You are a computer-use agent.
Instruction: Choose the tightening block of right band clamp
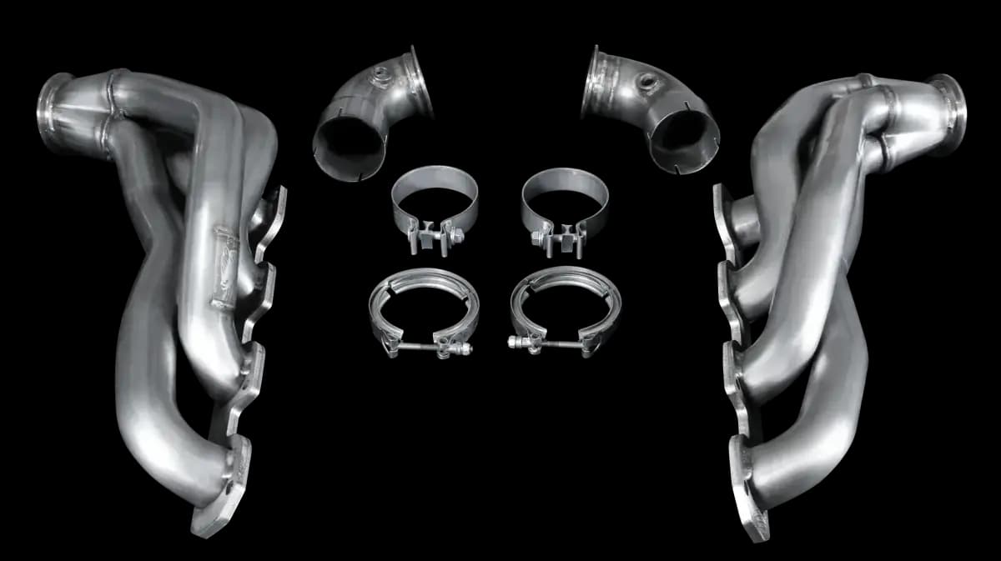tap(554, 236)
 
